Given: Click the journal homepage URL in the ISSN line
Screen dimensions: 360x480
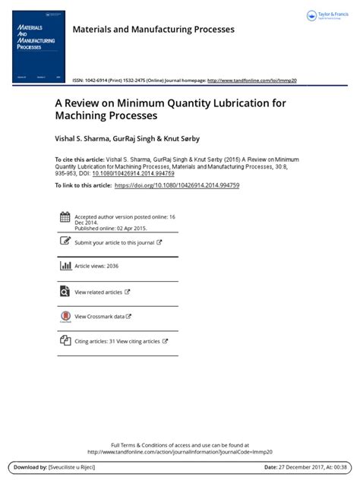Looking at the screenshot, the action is [x=252, y=80].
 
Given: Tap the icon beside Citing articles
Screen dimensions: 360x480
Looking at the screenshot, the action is [x=65, y=341].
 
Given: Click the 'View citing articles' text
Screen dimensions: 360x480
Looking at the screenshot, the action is [x=138, y=342].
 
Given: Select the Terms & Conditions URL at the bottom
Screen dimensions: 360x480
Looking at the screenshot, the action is [x=179, y=451].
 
